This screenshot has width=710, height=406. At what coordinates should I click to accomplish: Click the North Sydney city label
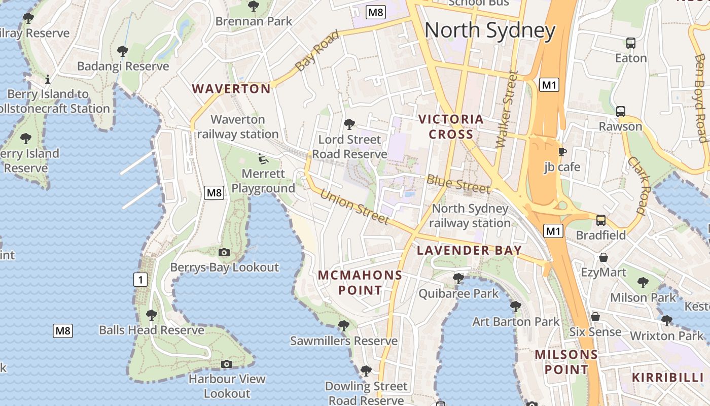[x=490, y=30]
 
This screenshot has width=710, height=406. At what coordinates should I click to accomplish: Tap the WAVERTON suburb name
[x=231, y=89]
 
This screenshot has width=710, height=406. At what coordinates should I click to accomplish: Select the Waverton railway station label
[x=238, y=127]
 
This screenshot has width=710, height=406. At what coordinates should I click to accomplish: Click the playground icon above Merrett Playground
[x=262, y=159]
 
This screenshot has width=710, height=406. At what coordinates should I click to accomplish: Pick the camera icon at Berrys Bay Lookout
[x=224, y=252]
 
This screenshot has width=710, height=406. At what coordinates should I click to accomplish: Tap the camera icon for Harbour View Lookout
[x=227, y=364]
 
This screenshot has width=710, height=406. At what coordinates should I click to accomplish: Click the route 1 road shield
[x=140, y=279]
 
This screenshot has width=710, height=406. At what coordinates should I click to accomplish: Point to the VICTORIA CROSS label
[x=451, y=127]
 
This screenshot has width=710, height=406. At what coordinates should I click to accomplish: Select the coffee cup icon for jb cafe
[x=562, y=152]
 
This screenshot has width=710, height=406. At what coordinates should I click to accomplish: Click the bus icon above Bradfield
[x=601, y=220]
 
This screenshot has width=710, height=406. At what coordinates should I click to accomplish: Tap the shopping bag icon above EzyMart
[x=603, y=258]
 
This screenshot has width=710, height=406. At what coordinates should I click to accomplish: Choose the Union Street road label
[x=354, y=207]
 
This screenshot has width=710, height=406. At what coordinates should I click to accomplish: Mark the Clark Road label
[x=636, y=185]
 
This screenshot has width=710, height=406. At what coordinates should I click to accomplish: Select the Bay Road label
[x=317, y=51]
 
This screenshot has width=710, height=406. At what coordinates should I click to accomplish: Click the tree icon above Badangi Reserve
[x=122, y=51]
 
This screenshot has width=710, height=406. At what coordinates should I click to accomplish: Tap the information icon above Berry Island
[x=48, y=79]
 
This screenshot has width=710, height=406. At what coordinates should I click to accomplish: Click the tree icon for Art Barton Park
[x=516, y=307]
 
